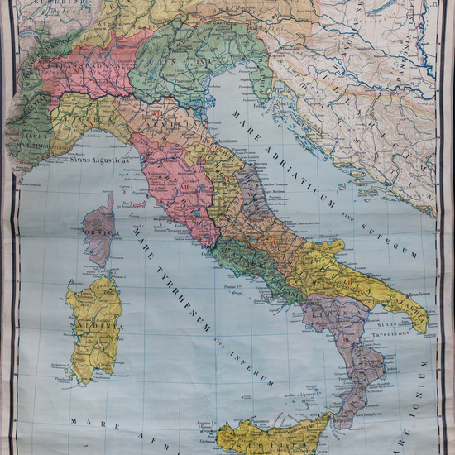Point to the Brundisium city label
pyautogui.click(x=414, y=292)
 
